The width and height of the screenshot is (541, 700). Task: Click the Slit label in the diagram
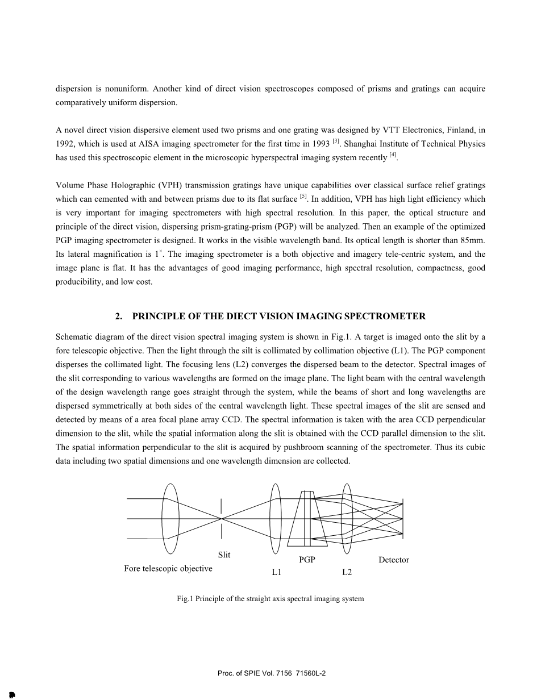[x=224, y=555]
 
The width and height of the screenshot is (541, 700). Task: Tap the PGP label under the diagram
[x=307, y=560]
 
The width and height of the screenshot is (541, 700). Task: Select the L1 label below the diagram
[x=277, y=573]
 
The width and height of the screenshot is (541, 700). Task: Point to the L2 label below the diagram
[x=347, y=572]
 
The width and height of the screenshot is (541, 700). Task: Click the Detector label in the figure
[x=393, y=560]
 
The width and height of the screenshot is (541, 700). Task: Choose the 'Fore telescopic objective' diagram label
[x=168, y=568]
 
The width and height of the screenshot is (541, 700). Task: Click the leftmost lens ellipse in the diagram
[x=170, y=518]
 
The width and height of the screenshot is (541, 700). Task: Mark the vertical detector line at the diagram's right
[x=403, y=518]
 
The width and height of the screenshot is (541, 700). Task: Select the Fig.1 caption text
[x=270, y=599]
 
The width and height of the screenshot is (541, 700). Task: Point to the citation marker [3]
[x=336, y=141]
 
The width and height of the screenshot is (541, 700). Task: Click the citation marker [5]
[x=303, y=197]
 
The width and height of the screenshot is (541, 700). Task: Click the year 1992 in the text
[x=65, y=144]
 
